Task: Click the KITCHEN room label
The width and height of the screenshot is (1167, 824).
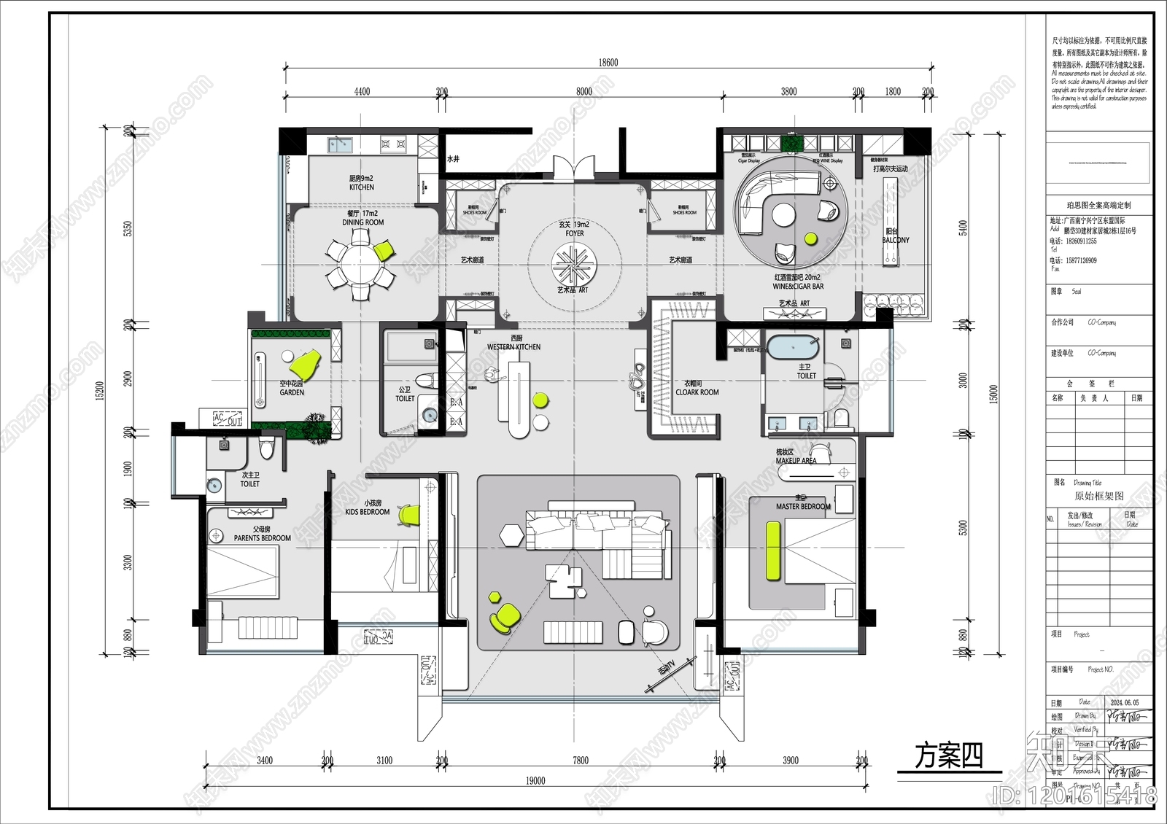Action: [361, 187]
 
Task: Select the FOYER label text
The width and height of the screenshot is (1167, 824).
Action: [574, 233]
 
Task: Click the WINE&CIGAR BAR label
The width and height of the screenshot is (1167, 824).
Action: [798, 287]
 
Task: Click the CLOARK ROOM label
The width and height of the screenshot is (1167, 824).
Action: [697, 392]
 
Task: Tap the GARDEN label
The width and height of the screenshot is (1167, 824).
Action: [292, 392]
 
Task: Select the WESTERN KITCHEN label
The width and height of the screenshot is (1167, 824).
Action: [513, 347]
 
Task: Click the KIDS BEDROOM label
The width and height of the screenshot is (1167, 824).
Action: [368, 512]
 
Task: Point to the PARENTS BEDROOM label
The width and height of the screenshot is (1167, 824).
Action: [262, 538]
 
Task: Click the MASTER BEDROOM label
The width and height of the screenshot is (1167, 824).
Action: [803, 506]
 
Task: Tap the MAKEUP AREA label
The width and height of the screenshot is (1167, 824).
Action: [796, 461]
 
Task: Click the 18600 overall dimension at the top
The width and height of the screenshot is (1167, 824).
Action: [608, 63]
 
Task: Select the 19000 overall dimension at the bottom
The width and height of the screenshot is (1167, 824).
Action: [535, 781]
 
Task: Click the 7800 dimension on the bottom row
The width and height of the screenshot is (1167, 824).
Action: [580, 761]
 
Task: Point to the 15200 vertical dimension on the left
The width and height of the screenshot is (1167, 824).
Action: [100, 391]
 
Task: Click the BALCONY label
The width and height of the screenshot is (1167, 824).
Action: [896, 240]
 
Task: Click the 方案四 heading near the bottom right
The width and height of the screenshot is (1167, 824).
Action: [949, 756]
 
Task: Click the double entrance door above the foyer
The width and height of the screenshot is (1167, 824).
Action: [574, 168]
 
